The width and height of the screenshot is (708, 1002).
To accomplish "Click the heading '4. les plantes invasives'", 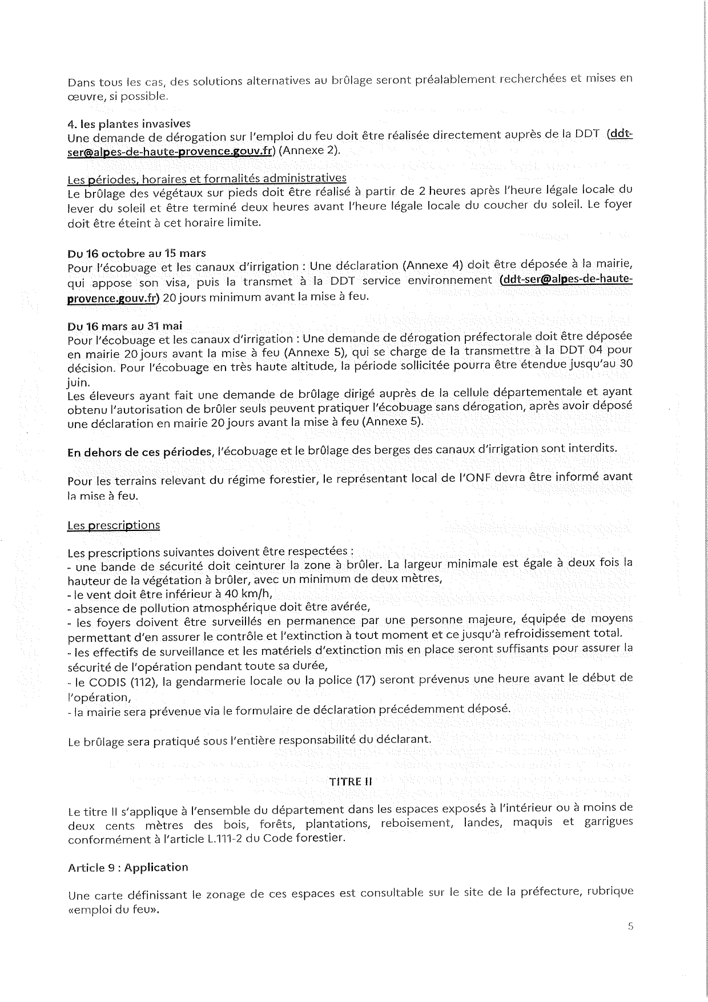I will [129, 123].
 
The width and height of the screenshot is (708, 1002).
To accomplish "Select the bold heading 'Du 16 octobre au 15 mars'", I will [136, 253].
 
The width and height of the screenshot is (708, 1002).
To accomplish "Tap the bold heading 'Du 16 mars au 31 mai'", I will [125, 326].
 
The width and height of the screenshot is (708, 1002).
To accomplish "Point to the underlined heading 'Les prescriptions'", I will [114, 525].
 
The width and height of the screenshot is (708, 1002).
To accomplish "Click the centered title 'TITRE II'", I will [351, 782].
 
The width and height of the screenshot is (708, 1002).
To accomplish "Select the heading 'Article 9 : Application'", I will [128, 867].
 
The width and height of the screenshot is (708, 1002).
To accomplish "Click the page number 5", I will [630, 926].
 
